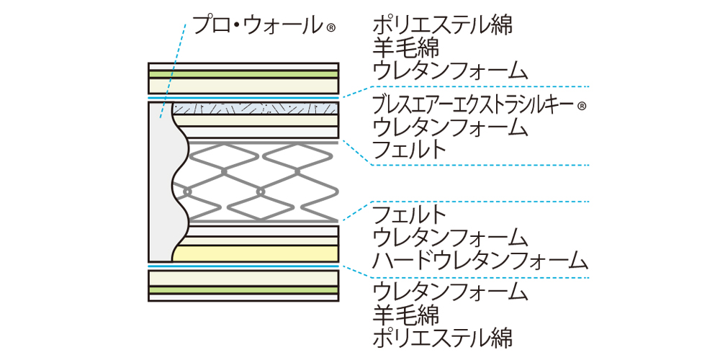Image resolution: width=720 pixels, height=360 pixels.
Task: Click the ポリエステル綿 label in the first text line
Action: [443, 26]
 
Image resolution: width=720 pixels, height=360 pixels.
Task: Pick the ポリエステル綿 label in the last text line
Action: [443, 336]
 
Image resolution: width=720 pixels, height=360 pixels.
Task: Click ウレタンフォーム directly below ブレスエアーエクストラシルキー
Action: [451, 127]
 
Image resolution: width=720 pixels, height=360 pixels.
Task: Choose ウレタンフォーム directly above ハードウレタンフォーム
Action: [451, 237]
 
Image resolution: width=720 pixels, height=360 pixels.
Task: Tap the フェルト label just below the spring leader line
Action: [410, 215]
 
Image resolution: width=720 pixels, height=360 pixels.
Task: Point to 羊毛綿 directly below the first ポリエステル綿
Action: [407, 48]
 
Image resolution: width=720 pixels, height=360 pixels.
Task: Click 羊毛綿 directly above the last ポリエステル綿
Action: [407, 314]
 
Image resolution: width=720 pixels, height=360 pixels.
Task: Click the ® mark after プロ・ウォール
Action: [331, 30]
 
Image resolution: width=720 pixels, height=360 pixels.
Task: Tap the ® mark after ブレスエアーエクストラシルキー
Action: [582, 106]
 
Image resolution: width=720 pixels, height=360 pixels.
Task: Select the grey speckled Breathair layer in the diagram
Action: [256, 109]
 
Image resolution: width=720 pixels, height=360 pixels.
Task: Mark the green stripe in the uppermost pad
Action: [243, 73]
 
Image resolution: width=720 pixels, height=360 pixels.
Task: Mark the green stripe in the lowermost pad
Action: [243, 289]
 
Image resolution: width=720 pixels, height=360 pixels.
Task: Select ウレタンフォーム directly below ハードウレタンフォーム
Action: [451, 292]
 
